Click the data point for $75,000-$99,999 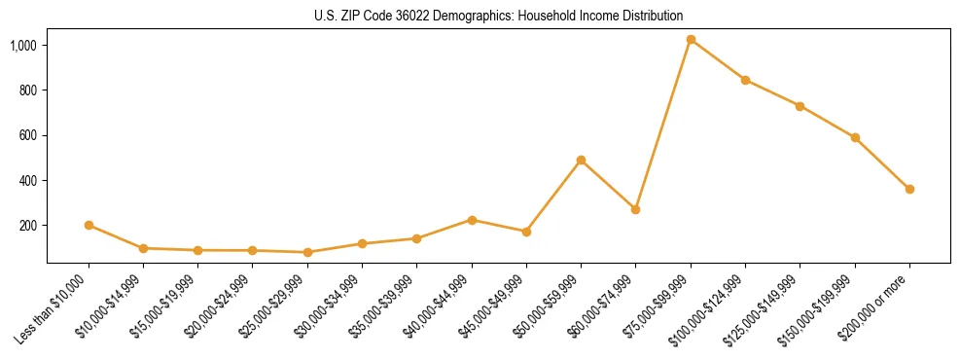click(x=691, y=40)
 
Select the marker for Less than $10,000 click(x=89, y=225)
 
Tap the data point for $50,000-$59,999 click(x=581, y=160)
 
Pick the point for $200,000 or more click(x=909, y=189)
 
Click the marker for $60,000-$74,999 click(x=635, y=209)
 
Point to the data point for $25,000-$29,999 click(x=307, y=252)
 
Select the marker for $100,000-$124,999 click(x=745, y=80)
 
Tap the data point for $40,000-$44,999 click(x=472, y=220)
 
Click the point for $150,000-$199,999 click(x=855, y=138)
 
